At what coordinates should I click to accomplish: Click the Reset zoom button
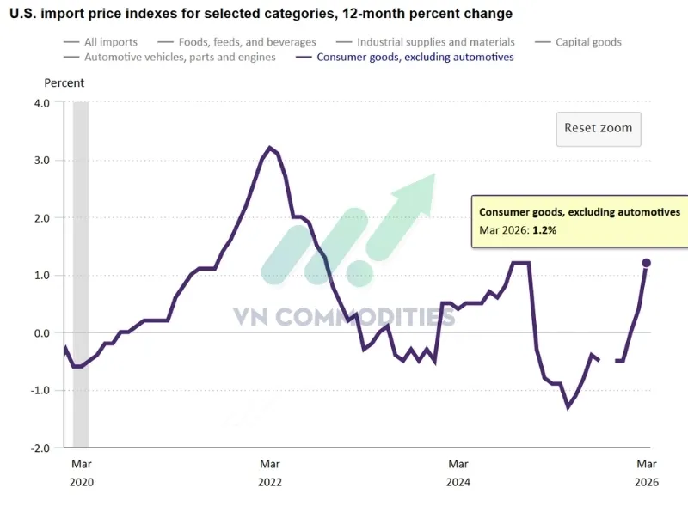[x=598, y=128]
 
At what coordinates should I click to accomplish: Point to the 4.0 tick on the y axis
[x=41, y=102]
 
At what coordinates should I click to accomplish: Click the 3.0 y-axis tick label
[x=41, y=161]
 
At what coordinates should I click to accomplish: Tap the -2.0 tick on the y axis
[x=40, y=448]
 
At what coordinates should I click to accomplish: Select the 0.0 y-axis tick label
[x=41, y=333]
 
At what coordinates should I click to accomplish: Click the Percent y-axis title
[x=64, y=83]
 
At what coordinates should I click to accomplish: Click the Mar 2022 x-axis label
[x=270, y=472]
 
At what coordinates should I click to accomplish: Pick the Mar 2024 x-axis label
[x=458, y=472]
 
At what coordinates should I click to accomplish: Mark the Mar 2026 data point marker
[x=647, y=263]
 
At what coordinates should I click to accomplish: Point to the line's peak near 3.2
[x=270, y=148]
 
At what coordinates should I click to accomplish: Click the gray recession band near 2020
[x=81, y=275]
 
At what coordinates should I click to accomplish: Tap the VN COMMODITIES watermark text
[x=344, y=317]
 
